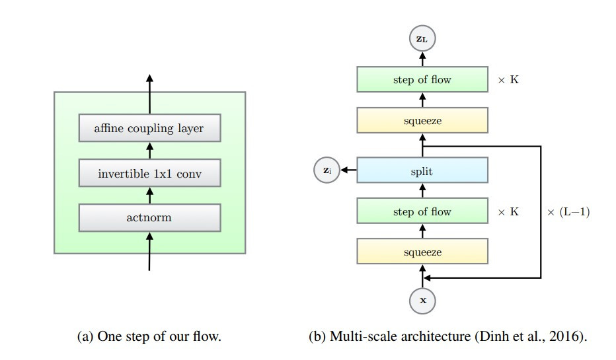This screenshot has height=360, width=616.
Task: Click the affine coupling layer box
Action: click(x=149, y=128)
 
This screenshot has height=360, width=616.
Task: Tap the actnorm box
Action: click(x=149, y=217)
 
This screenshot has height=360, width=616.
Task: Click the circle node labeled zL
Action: click(x=422, y=40)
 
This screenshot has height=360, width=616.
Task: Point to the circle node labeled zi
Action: click(x=327, y=170)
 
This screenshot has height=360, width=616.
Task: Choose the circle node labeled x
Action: click(x=423, y=301)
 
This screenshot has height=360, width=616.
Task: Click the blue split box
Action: click(x=422, y=171)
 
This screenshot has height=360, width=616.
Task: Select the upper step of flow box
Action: click(x=422, y=80)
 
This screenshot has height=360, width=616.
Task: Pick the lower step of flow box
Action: click(x=422, y=212)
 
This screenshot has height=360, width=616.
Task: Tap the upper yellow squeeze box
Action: click(x=422, y=121)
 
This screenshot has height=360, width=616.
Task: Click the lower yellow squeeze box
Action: click(x=422, y=252)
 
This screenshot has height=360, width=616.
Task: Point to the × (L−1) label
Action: click(x=568, y=212)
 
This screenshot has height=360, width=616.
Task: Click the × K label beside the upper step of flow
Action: click(x=508, y=80)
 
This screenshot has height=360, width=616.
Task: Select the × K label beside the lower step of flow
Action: click(x=508, y=212)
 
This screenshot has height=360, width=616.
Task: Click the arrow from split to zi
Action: click(x=348, y=171)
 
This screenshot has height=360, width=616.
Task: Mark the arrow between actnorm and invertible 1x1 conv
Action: click(x=149, y=196)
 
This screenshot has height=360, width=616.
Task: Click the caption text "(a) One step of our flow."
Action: click(x=149, y=336)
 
